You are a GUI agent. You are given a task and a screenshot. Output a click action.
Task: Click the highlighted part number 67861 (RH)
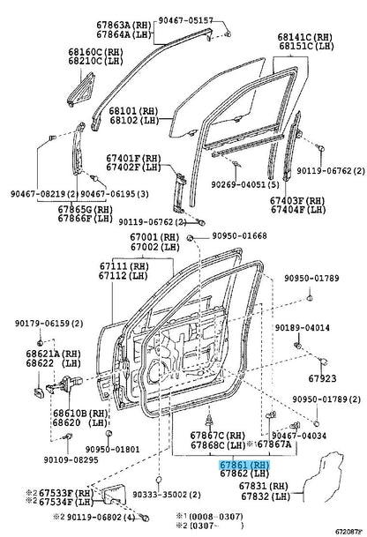click(x=244, y=465)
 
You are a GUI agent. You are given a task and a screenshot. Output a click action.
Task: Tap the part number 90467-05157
click(x=186, y=20)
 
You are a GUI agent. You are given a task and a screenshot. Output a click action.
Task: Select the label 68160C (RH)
click(x=95, y=52)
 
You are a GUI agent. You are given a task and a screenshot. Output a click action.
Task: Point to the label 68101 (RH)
click(x=133, y=111)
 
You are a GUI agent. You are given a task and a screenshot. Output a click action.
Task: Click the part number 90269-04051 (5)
click(x=244, y=184)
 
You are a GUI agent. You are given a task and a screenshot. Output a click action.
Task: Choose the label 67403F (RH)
click(x=297, y=200)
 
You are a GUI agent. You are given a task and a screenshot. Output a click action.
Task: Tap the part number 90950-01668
click(x=239, y=235)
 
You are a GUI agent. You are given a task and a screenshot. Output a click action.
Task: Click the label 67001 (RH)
click(x=154, y=237)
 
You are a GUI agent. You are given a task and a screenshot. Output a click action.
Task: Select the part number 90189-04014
click(x=303, y=328)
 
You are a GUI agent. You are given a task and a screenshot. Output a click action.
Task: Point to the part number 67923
click(x=323, y=378)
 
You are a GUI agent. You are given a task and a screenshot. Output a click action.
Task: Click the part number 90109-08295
click(x=71, y=459)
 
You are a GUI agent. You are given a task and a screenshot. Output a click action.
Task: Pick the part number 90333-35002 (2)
click(x=167, y=495)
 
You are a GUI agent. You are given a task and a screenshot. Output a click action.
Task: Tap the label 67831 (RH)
click(x=264, y=486)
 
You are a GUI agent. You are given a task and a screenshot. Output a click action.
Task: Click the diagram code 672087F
click(x=348, y=532)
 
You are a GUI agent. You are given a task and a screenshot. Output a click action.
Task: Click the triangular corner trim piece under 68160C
click(x=81, y=90)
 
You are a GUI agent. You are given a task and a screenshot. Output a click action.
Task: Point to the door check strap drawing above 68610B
click(x=64, y=384)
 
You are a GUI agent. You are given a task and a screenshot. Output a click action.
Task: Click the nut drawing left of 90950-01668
click(x=190, y=238)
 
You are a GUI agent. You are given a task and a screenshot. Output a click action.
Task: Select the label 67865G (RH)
click(x=86, y=209)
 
